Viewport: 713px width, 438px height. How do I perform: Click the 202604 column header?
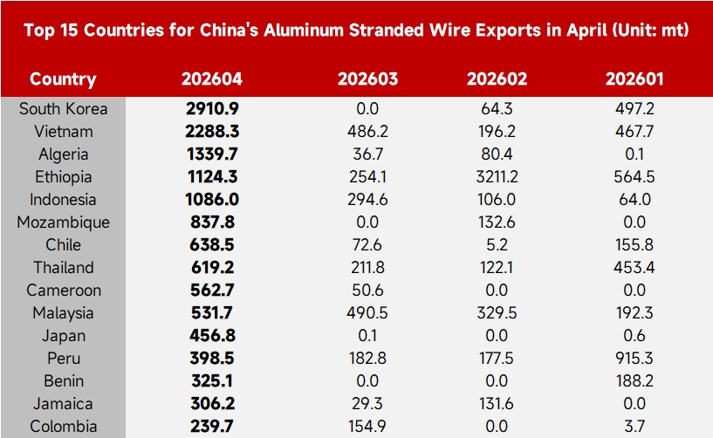pos(212,79)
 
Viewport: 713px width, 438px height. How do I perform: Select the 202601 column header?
pos(634,79)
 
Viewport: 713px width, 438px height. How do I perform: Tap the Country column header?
pos(63,79)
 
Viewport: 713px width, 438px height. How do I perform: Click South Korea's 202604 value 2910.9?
pos(212,109)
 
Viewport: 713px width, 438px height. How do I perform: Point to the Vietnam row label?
pos(64,132)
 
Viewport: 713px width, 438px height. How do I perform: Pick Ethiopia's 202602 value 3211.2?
pos(497,176)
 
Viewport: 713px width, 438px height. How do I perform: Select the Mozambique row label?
pos(63,222)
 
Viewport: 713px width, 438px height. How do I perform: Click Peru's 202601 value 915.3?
pos(634,358)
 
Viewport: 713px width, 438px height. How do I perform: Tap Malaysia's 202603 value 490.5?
pos(367,313)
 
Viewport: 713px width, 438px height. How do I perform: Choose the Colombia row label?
pos(63,426)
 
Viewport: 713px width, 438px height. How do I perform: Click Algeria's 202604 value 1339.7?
pos(212,154)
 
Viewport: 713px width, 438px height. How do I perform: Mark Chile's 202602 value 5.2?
pos(497,244)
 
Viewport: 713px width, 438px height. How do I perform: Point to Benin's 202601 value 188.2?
pos(634,380)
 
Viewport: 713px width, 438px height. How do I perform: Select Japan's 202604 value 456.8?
pos(212,336)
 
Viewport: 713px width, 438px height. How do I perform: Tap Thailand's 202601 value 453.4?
pos(634,268)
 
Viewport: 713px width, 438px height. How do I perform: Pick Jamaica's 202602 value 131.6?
pos(497,403)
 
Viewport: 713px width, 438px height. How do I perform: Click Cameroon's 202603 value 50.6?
pos(367,291)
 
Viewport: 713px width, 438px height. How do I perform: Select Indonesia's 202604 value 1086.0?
pos(212,199)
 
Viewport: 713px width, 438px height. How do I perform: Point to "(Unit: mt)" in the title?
pos(650,30)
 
